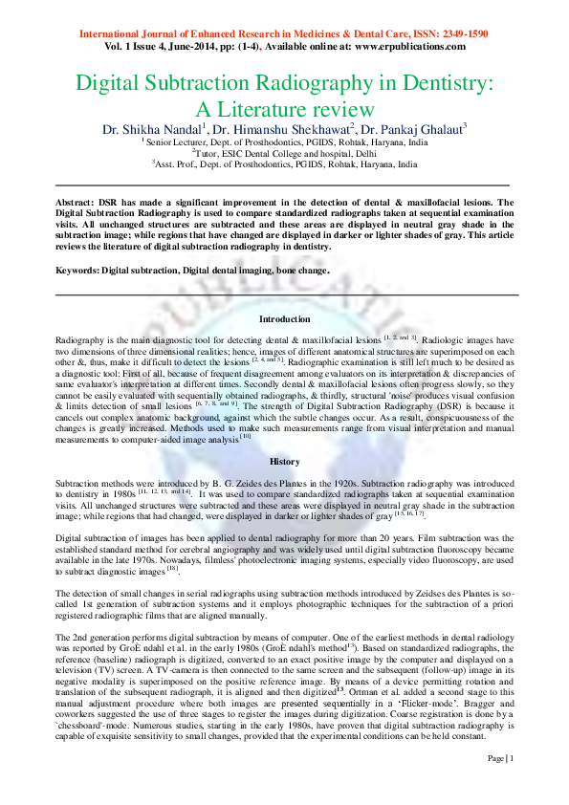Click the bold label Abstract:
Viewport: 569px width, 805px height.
76,203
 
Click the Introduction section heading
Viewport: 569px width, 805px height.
284,319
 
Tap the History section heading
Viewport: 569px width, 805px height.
284,461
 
